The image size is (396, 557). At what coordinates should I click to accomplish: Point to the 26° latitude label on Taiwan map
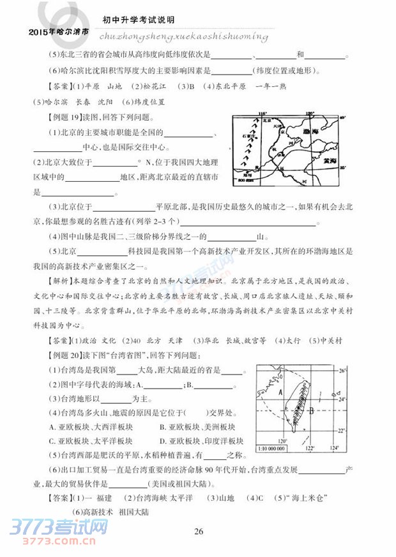pyautogui.click(x=342, y=371)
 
